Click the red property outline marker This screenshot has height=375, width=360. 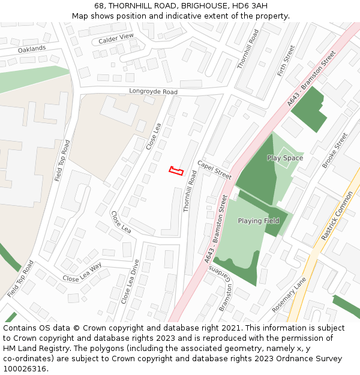176,171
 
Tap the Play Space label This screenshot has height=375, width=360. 285,158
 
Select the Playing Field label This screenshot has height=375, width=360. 259,221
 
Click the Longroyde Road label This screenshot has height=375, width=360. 154,92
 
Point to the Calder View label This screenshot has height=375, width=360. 116,38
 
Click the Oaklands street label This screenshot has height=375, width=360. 32,49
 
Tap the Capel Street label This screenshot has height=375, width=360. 214,170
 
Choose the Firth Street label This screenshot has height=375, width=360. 286,61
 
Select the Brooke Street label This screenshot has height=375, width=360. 334,151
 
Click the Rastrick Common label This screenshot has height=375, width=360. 337,216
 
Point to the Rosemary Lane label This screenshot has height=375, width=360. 289,294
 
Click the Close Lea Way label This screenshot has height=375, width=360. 82,273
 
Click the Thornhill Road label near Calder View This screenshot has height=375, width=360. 247,49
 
